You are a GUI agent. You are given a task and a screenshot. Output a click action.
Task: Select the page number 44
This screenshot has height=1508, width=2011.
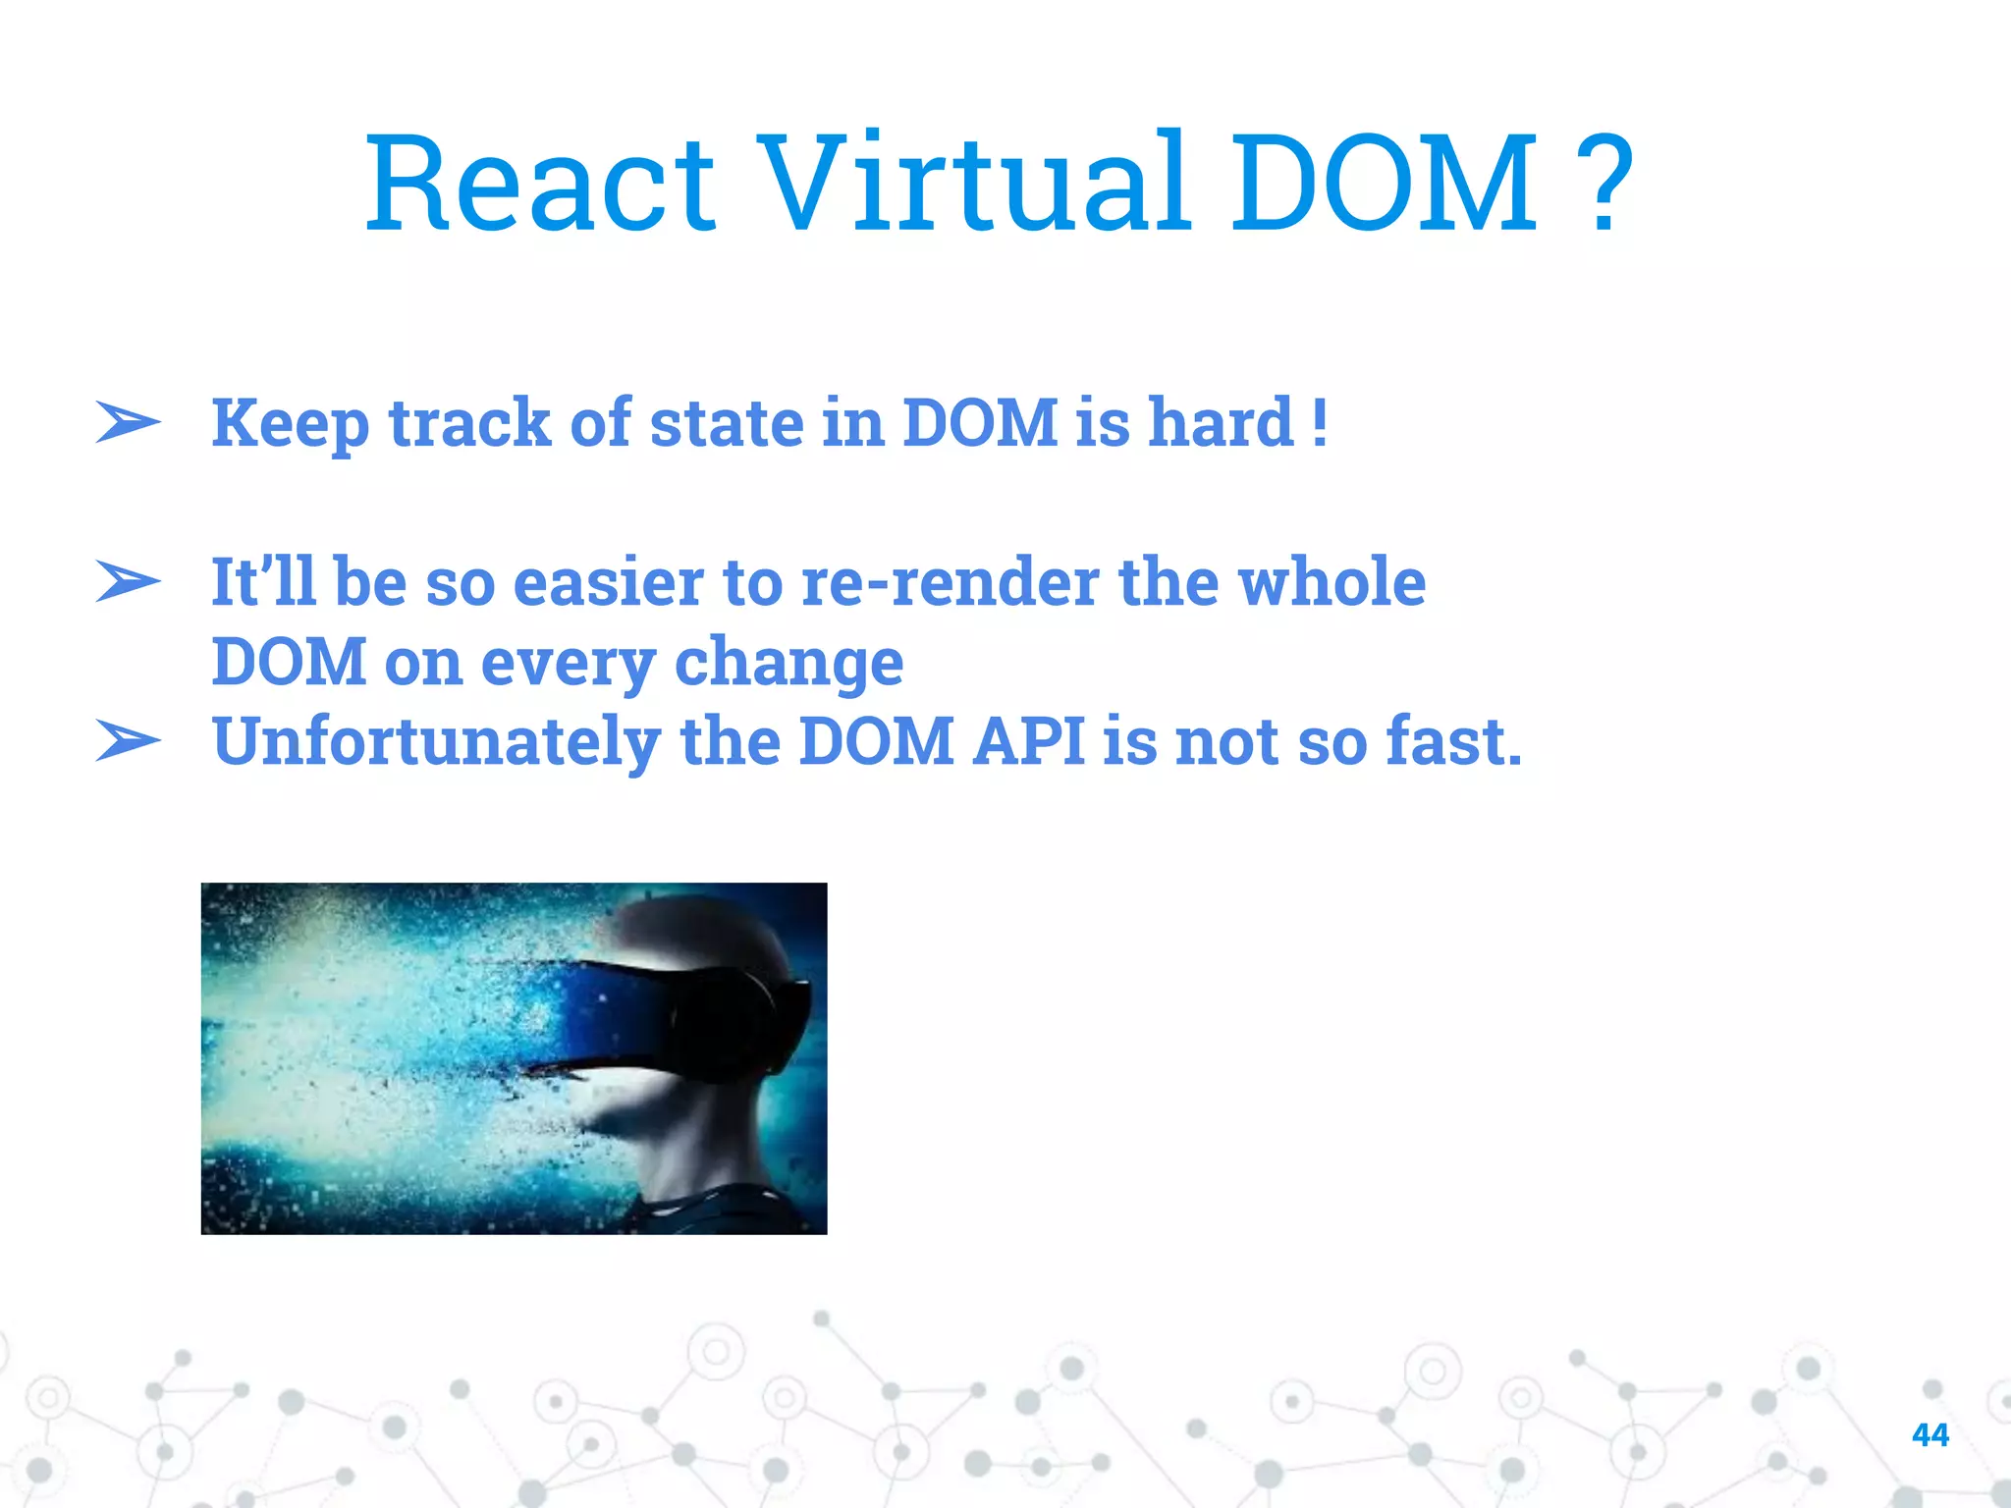point(1929,1434)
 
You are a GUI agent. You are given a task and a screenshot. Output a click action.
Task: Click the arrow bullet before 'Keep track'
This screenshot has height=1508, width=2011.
point(128,423)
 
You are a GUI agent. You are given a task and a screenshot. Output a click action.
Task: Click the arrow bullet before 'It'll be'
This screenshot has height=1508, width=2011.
point(128,581)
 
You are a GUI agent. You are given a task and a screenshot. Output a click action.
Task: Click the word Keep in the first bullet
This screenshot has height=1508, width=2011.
point(291,424)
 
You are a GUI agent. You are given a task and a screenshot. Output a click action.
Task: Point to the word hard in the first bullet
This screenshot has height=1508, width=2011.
point(1221,422)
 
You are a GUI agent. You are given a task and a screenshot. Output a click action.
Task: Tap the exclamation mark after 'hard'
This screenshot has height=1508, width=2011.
point(1320,422)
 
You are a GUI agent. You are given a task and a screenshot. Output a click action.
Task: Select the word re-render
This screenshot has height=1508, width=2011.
point(950,582)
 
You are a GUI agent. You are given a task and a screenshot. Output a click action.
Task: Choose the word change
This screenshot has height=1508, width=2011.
point(788,664)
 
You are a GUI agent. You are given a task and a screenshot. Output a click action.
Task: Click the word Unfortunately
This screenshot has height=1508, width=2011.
point(436,742)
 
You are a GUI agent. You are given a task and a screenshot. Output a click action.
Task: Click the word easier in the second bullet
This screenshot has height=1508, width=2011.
point(608,581)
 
